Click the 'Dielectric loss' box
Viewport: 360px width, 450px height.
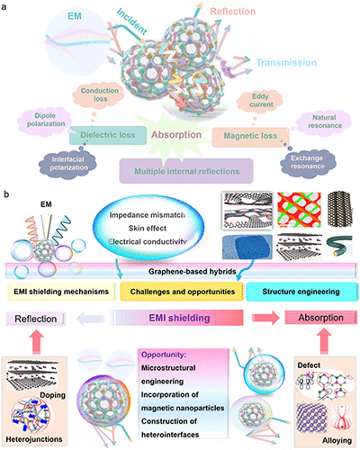pyautogui.click(x=110, y=139)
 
